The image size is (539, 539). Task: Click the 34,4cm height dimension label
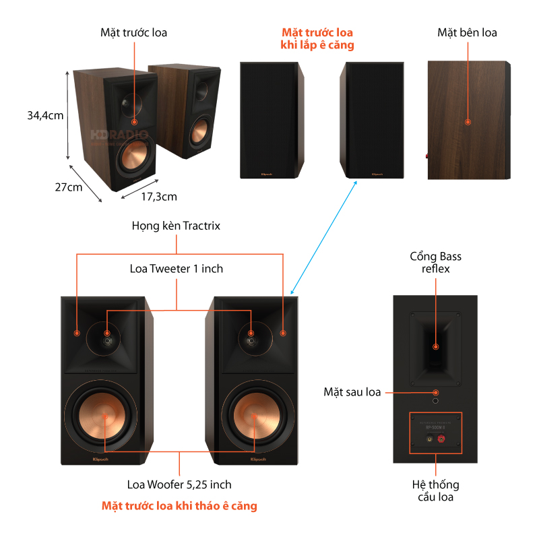click(45, 115)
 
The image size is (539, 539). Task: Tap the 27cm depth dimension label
click(69, 187)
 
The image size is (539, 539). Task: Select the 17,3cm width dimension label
click(159, 197)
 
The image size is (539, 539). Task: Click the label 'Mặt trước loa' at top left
click(133, 32)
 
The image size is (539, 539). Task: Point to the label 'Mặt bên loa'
click(467, 32)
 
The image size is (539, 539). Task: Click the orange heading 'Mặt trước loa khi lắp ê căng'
click(317, 39)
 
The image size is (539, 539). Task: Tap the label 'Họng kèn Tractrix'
click(176, 226)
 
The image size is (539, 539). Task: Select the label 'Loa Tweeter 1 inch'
click(176, 269)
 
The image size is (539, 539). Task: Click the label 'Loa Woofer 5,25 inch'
click(179, 484)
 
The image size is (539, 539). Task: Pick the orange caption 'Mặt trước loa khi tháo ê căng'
click(179, 505)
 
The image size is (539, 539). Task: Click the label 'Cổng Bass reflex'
click(436, 263)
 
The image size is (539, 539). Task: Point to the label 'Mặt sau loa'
click(352, 391)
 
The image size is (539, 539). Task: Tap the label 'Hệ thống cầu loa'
click(436, 490)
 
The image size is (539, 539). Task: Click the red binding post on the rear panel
click(442, 439)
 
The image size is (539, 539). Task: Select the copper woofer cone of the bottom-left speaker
click(104, 416)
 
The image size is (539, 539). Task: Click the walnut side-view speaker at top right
click(467, 121)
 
